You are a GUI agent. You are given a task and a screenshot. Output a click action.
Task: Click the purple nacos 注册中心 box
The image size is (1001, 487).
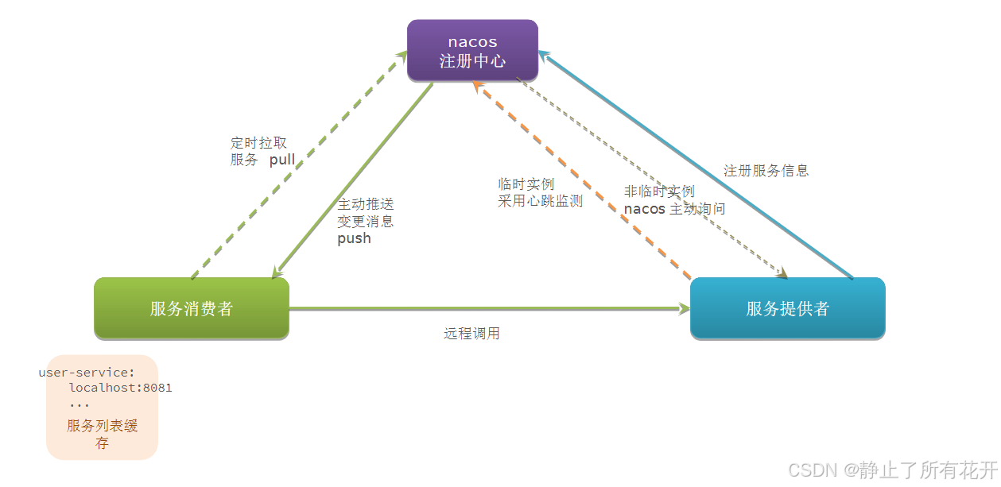point(472,50)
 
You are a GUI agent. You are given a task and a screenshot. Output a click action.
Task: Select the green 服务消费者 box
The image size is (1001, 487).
point(191,308)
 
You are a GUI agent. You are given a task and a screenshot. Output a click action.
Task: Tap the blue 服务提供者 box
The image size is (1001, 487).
point(787,308)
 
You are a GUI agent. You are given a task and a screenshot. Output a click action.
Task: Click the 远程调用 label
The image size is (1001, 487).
point(471,334)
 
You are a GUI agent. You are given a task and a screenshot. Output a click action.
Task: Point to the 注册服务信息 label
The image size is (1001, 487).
point(766,171)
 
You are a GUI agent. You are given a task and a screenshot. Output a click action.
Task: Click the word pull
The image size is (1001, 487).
point(282,160)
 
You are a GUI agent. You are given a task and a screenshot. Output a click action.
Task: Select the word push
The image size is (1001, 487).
point(354,238)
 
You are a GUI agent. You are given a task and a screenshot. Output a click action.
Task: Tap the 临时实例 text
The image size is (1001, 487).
point(526,184)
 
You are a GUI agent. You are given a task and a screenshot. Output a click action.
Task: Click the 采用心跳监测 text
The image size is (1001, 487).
point(540,201)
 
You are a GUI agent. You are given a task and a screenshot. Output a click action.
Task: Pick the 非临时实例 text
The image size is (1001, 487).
point(659,191)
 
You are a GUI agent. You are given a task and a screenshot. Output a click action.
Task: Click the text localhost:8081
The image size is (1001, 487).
point(120,388)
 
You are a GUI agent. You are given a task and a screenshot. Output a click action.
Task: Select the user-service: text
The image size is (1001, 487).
point(87,373)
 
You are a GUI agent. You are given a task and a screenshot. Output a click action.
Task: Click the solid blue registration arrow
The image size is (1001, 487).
point(700,168)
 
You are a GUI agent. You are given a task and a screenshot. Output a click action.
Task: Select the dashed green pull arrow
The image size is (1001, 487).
point(294,167)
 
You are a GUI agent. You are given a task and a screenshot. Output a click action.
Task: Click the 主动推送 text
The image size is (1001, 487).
point(366,204)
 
